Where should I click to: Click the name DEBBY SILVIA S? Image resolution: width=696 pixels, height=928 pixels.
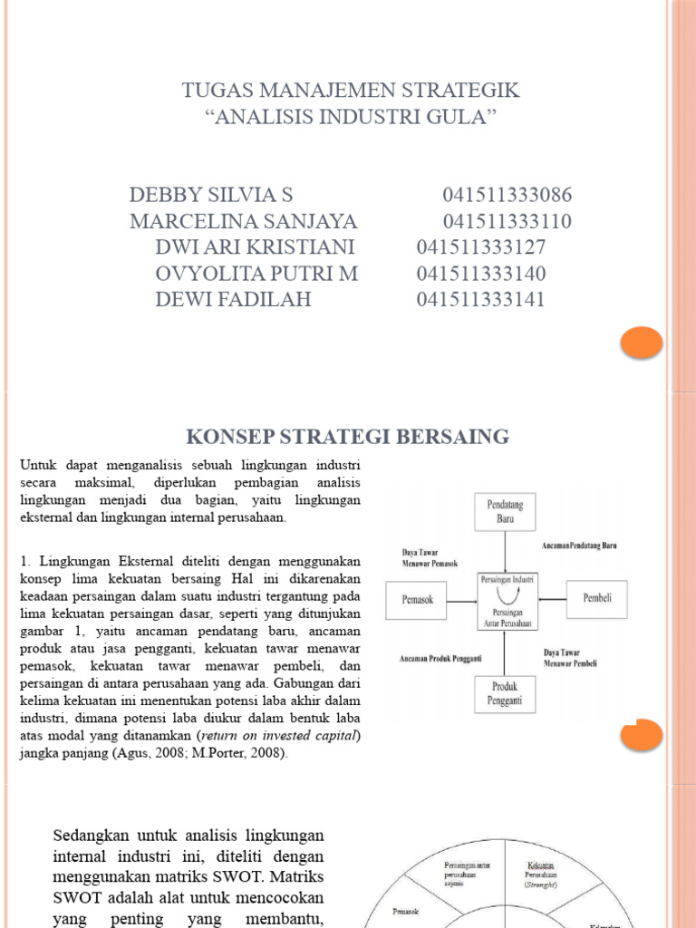pos(211,196)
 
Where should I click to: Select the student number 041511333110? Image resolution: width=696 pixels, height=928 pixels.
pos(507,222)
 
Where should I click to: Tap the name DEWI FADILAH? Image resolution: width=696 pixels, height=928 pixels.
pos(233,299)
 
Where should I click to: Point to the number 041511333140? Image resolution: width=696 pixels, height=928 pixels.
pos(481,274)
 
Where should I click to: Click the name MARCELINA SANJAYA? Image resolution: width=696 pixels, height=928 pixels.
pos(244,222)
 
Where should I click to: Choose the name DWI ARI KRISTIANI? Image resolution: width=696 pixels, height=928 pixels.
pos(255,247)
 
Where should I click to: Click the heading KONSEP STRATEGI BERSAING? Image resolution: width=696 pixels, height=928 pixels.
pos(348,438)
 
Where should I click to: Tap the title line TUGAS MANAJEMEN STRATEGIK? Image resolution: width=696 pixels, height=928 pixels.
pos(351,91)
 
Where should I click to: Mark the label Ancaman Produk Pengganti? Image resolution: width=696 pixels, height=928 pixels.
pos(441,659)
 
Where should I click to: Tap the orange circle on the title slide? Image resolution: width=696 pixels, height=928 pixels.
pos(642,342)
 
